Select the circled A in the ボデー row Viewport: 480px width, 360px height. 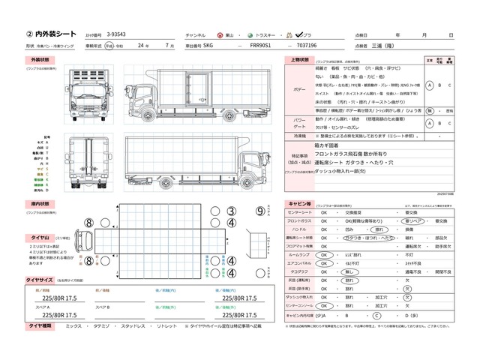tap(429, 85)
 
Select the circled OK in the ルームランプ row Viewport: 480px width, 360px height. tap(324, 254)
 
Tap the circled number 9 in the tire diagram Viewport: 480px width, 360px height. tap(260, 211)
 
